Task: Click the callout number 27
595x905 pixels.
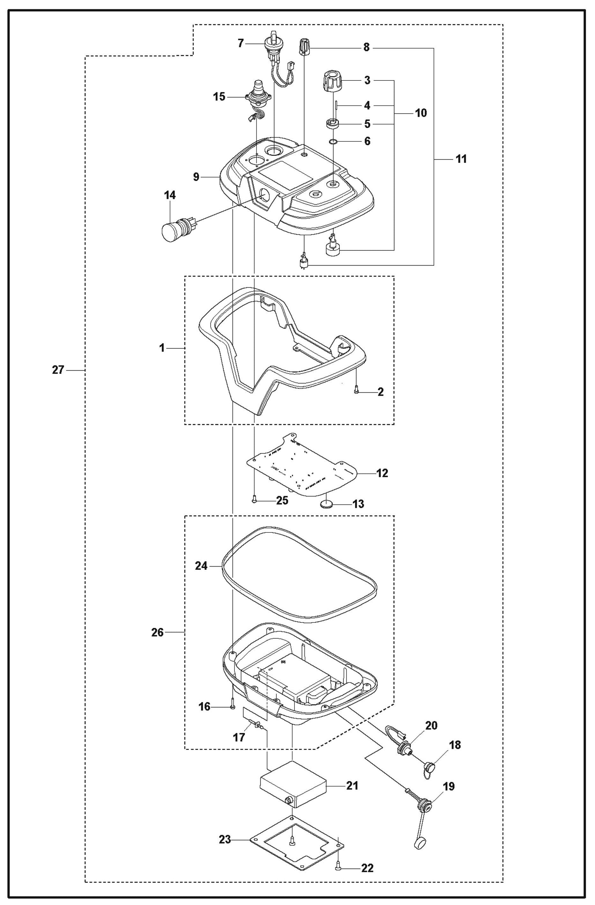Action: pyautogui.click(x=58, y=370)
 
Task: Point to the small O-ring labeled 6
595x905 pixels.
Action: pyautogui.click(x=333, y=141)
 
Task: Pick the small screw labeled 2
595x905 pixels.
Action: pyautogui.click(x=356, y=390)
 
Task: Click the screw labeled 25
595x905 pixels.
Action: pyautogui.click(x=254, y=501)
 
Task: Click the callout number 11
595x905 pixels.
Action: pyautogui.click(x=461, y=159)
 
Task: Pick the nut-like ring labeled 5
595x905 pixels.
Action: pyautogui.click(x=332, y=124)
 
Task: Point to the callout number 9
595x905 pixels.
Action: pyautogui.click(x=196, y=177)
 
